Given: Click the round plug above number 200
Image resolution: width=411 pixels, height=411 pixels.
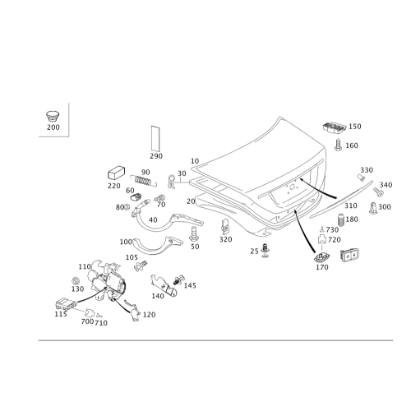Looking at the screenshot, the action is click(x=53, y=117).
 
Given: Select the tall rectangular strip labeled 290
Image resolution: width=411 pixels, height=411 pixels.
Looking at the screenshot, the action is click(x=155, y=139).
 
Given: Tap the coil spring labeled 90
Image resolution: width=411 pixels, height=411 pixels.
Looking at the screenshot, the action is click(x=144, y=180).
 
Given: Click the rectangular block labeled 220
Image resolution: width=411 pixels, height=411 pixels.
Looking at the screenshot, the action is click(x=116, y=173).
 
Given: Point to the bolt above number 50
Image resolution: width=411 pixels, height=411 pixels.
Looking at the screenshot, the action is click(x=193, y=233).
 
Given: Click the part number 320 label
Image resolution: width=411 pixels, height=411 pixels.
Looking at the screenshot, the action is click(x=225, y=239).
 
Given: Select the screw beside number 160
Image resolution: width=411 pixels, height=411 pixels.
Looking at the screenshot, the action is click(x=339, y=145).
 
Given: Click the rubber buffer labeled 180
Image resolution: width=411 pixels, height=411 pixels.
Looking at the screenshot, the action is click(x=340, y=219).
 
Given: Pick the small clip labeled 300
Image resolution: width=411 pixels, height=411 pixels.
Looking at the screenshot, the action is click(x=372, y=208).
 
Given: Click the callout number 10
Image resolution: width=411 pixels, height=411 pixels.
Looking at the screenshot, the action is click(x=195, y=161).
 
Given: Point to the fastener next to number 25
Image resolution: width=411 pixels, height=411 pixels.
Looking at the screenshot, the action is click(x=265, y=250).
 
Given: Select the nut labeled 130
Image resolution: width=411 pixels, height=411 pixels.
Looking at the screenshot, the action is click(x=74, y=281).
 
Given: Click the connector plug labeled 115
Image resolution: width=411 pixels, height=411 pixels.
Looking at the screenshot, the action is click(x=66, y=303).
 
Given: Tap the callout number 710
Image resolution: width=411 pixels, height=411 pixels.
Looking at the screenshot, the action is click(x=101, y=323).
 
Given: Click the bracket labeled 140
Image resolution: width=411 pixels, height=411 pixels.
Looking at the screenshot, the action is click(x=164, y=286).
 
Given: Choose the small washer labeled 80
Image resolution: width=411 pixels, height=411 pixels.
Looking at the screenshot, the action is click(x=127, y=207).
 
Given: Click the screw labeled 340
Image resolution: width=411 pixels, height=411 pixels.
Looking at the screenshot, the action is click(x=378, y=192).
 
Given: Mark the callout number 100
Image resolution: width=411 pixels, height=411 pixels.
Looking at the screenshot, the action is click(x=126, y=242).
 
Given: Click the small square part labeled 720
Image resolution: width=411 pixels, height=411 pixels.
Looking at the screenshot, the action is click(x=321, y=239).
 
